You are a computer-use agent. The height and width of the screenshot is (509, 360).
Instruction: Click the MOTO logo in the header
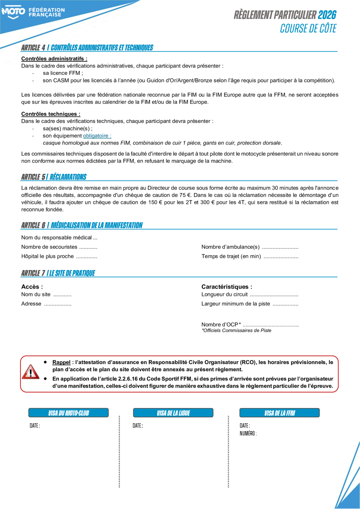tap(13, 12)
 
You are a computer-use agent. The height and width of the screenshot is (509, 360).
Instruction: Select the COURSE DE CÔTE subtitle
tap(308, 28)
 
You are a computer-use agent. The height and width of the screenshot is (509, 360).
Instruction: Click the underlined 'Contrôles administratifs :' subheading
tap(54, 59)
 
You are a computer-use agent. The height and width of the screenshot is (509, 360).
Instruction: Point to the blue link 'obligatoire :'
tap(97, 136)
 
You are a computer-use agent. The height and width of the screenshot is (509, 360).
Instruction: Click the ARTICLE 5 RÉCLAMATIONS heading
tap(54, 177)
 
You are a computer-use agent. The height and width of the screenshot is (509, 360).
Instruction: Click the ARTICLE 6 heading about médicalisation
tap(81, 225)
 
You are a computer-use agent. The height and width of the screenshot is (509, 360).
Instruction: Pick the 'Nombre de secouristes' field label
tap(49, 247)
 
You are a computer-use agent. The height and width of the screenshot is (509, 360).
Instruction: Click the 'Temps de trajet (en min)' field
tap(231, 256)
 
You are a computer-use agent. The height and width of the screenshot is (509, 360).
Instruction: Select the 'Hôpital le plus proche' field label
tap(47, 256)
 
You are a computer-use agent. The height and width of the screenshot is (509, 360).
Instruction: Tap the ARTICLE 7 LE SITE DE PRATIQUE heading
tap(58, 273)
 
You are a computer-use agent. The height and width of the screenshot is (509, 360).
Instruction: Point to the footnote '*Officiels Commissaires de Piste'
tap(236, 330)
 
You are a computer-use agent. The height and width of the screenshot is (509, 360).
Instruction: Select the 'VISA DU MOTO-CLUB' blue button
tap(69, 413)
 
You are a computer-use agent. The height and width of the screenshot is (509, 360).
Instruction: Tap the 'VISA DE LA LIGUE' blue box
tap(173, 413)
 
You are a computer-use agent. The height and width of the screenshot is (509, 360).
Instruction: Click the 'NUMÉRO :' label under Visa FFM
tap(248, 433)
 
